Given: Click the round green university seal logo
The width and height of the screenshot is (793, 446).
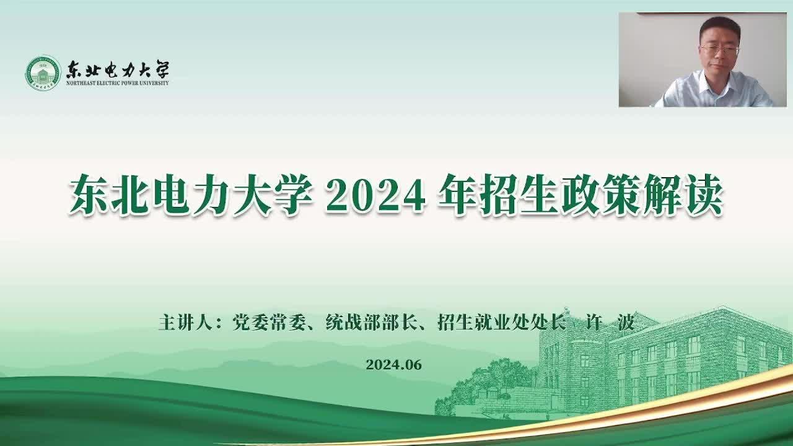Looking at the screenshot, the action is click(43, 73).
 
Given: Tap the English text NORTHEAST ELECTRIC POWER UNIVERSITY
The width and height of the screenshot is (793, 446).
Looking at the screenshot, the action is click(118, 83).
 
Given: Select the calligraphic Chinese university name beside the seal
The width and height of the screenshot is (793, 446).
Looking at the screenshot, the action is click(118, 69).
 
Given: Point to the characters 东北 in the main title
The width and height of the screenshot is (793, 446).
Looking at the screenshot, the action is click(108, 195).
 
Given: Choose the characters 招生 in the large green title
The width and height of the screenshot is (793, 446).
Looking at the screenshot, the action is click(519, 195).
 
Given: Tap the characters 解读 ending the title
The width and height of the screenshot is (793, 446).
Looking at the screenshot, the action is click(682, 195).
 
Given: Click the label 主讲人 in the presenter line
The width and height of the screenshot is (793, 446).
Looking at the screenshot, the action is click(185, 322).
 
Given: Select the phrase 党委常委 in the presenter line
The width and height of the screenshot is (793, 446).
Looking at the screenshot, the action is click(269, 322).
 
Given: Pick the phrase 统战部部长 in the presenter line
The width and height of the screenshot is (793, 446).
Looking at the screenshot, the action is click(370, 322).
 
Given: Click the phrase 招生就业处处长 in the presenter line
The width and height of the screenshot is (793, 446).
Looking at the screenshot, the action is click(501, 322).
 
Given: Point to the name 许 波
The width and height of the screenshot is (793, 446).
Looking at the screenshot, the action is click(608, 322).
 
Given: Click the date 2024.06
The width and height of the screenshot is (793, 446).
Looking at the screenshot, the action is click(393, 365).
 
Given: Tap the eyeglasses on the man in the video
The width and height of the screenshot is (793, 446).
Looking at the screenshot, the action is click(720, 50).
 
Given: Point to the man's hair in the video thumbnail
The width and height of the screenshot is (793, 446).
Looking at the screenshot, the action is click(720, 28).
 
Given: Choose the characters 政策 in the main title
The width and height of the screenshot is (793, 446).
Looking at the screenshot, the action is click(600, 195).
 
